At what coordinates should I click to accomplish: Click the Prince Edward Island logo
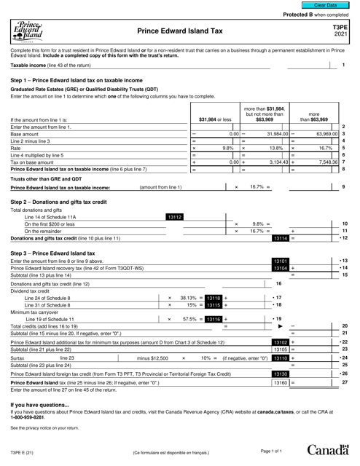(28, 31)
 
